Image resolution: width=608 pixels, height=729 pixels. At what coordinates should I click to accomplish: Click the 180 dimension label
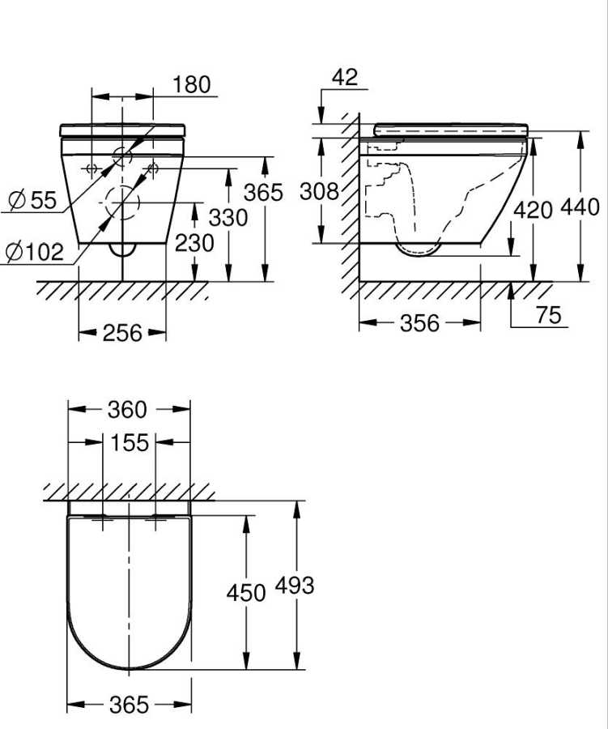tap(191, 84)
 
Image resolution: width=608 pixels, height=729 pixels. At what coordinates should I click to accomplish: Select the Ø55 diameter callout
tap(32, 200)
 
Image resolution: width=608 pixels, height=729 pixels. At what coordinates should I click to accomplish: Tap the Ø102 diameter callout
tap(34, 252)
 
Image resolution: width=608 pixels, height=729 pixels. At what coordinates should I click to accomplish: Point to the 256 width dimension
tap(122, 332)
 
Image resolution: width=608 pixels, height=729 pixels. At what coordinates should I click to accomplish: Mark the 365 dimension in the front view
tap(264, 193)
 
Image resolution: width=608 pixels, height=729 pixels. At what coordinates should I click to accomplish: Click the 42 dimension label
tap(345, 77)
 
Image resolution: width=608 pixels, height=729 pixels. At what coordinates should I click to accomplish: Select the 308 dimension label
tap(319, 192)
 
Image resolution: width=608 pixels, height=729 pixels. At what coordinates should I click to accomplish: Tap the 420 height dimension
tap(534, 210)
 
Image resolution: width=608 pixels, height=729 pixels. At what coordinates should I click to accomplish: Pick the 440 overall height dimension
tap(580, 207)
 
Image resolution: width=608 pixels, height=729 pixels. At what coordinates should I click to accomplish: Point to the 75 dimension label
tap(548, 315)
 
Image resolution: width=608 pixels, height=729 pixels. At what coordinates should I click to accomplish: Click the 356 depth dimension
tap(419, 323)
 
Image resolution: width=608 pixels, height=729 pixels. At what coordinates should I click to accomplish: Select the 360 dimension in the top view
tap(127, 410)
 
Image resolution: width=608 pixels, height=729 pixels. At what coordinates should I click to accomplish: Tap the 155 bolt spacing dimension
tap(130, 443)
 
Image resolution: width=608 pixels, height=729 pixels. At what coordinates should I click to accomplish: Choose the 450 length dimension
tap(245, 593)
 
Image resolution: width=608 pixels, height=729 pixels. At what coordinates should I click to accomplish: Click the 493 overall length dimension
tap(295, 586)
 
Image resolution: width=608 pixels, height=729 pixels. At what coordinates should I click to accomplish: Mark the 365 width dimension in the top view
tap(129, 706)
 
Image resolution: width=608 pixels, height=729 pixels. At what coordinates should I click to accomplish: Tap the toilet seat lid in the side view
tap(451, 128)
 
